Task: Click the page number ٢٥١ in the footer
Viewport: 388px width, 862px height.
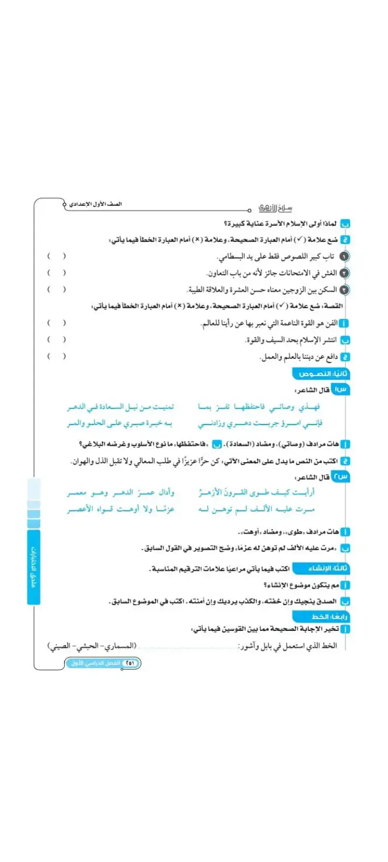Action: (130, 663)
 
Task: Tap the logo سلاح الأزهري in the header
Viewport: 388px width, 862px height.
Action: (275, 207)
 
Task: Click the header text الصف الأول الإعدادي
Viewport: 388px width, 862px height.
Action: (96, 204)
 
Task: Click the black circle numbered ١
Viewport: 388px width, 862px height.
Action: (345, 256)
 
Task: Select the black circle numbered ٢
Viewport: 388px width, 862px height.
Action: (345, 273)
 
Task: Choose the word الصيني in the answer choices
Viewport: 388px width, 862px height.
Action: (61, 646)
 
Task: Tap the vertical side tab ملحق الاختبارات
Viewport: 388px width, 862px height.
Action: (34, 567)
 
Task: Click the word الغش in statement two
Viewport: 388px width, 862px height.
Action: (330, 273)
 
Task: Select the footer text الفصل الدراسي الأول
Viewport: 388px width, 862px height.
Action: (96, 663)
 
